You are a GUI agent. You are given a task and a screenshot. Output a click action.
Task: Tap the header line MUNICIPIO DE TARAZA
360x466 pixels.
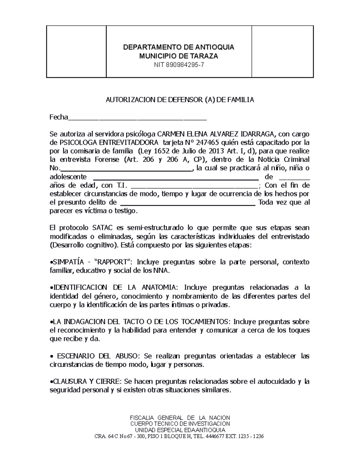tap(179, 56)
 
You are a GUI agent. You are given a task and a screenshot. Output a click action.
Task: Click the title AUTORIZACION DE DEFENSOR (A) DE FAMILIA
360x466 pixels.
tap(180, 100)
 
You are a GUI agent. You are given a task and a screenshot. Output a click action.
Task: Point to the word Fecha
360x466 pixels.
tap(59, 117)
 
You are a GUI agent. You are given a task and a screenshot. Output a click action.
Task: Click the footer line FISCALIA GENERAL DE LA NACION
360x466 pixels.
tap(180, 418)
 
